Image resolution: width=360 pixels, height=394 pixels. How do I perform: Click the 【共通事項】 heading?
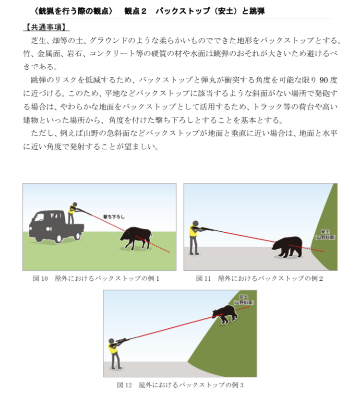pyautogui.click(x=46, y=27)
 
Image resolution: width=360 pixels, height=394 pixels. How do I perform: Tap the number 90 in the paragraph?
pyautogui.click(x=324, y=80)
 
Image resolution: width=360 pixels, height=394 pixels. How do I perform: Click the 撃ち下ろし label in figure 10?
pyautogui.click(x=114, y=216)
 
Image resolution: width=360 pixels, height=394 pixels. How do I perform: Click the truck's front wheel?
pyautogui.click(x=58, y=238)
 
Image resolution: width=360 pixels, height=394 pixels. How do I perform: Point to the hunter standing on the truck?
pyautogui.click(x=72, y=213)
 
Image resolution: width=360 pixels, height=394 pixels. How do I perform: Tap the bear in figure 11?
pyautogui.click(x=287, y=247)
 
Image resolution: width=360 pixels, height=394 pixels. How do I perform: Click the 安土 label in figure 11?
pyautogui.click(x=325, y=234)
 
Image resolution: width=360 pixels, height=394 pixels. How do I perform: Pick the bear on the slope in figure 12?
pyautogui.click(x=225, y=314)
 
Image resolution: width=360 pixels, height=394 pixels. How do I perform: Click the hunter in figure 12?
pyautogui.click(x=114, y=354)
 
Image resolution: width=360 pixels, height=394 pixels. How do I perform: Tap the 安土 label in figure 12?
pyautogui.click(x=243, y=300)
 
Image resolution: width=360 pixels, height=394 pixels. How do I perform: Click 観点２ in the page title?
pyautogui.click(x=135, y=12)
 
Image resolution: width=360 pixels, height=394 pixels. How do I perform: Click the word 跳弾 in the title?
pyautogui.click(x=257, y=12)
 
